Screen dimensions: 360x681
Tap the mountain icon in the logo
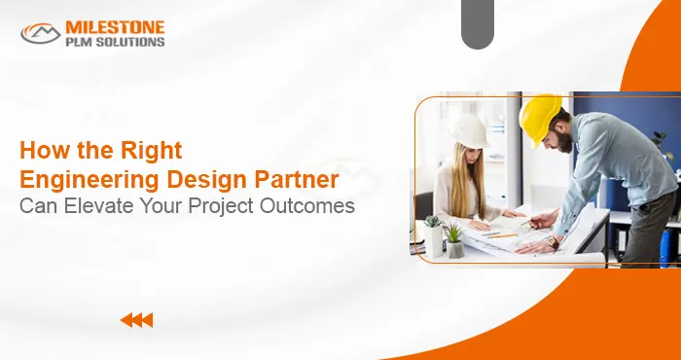[x=41, y=33]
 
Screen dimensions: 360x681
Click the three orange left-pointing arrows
[x=136, y=319]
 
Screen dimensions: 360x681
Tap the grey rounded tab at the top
[x=478, y=25]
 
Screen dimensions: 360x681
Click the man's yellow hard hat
[x=540, y=117]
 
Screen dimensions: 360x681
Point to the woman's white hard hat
[x=470, y=131]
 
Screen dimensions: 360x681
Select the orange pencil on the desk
[x=500, y=234]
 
